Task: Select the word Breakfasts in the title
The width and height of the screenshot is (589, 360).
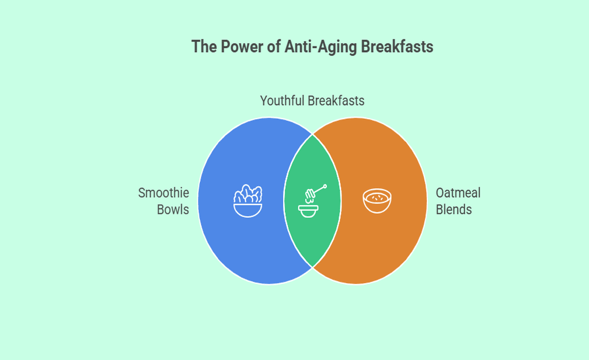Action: (x=397, y=47)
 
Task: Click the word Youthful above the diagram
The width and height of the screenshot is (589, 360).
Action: (x=282, y=101)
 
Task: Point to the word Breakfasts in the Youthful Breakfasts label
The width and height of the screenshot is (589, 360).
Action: (x=336, y=101)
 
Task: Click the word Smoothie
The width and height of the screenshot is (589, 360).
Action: (x=164, y=193)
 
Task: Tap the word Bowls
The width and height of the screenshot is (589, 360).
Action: (x=173, y=209)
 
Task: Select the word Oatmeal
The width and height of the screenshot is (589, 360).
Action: (x=458, y=193)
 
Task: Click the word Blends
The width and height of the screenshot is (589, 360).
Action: (x=454, y=209)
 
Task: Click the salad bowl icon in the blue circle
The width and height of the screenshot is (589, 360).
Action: (x=248, y=200)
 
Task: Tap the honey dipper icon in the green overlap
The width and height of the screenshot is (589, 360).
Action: (x=312, y=201)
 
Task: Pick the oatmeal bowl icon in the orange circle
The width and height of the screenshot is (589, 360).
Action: (x=377, y=200)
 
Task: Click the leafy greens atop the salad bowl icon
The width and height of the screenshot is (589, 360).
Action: (x=248, y=194)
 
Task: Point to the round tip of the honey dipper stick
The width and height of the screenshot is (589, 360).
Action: (x=325, y=186)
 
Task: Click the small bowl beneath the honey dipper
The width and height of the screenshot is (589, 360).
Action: (x=308, y=211)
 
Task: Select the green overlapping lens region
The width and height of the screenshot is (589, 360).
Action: (x=312, y=200)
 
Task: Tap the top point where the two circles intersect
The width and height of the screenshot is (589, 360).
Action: (x=312, y=134)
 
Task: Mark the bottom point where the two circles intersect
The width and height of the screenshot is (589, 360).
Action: (x=312, y=267)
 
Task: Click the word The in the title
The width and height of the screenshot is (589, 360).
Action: (x=204, y=47)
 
